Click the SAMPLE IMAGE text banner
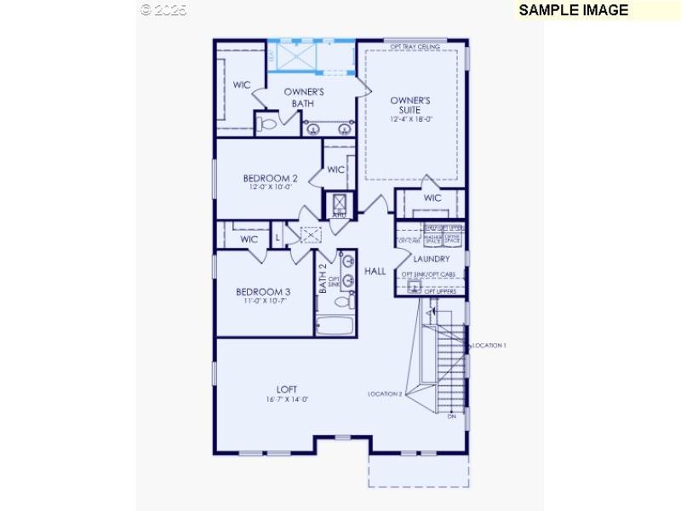tap(573, 10)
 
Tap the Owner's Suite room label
tap(410, 105)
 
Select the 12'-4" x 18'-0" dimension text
tap(411, 120)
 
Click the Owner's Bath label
tap(303, 97)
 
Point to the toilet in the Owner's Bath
tap(268, 125)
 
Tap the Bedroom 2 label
tap(270, 178)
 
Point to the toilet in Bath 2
tap(344, 301)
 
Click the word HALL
tap(375, 272)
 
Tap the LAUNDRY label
tap(431, 259)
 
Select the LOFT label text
tap(286, 389)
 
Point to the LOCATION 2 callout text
tap(385, 394)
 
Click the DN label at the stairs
tap(452, 416)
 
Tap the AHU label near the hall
tap(339, 215)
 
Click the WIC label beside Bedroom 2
tap(336, 169)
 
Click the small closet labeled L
tap(278, 238)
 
